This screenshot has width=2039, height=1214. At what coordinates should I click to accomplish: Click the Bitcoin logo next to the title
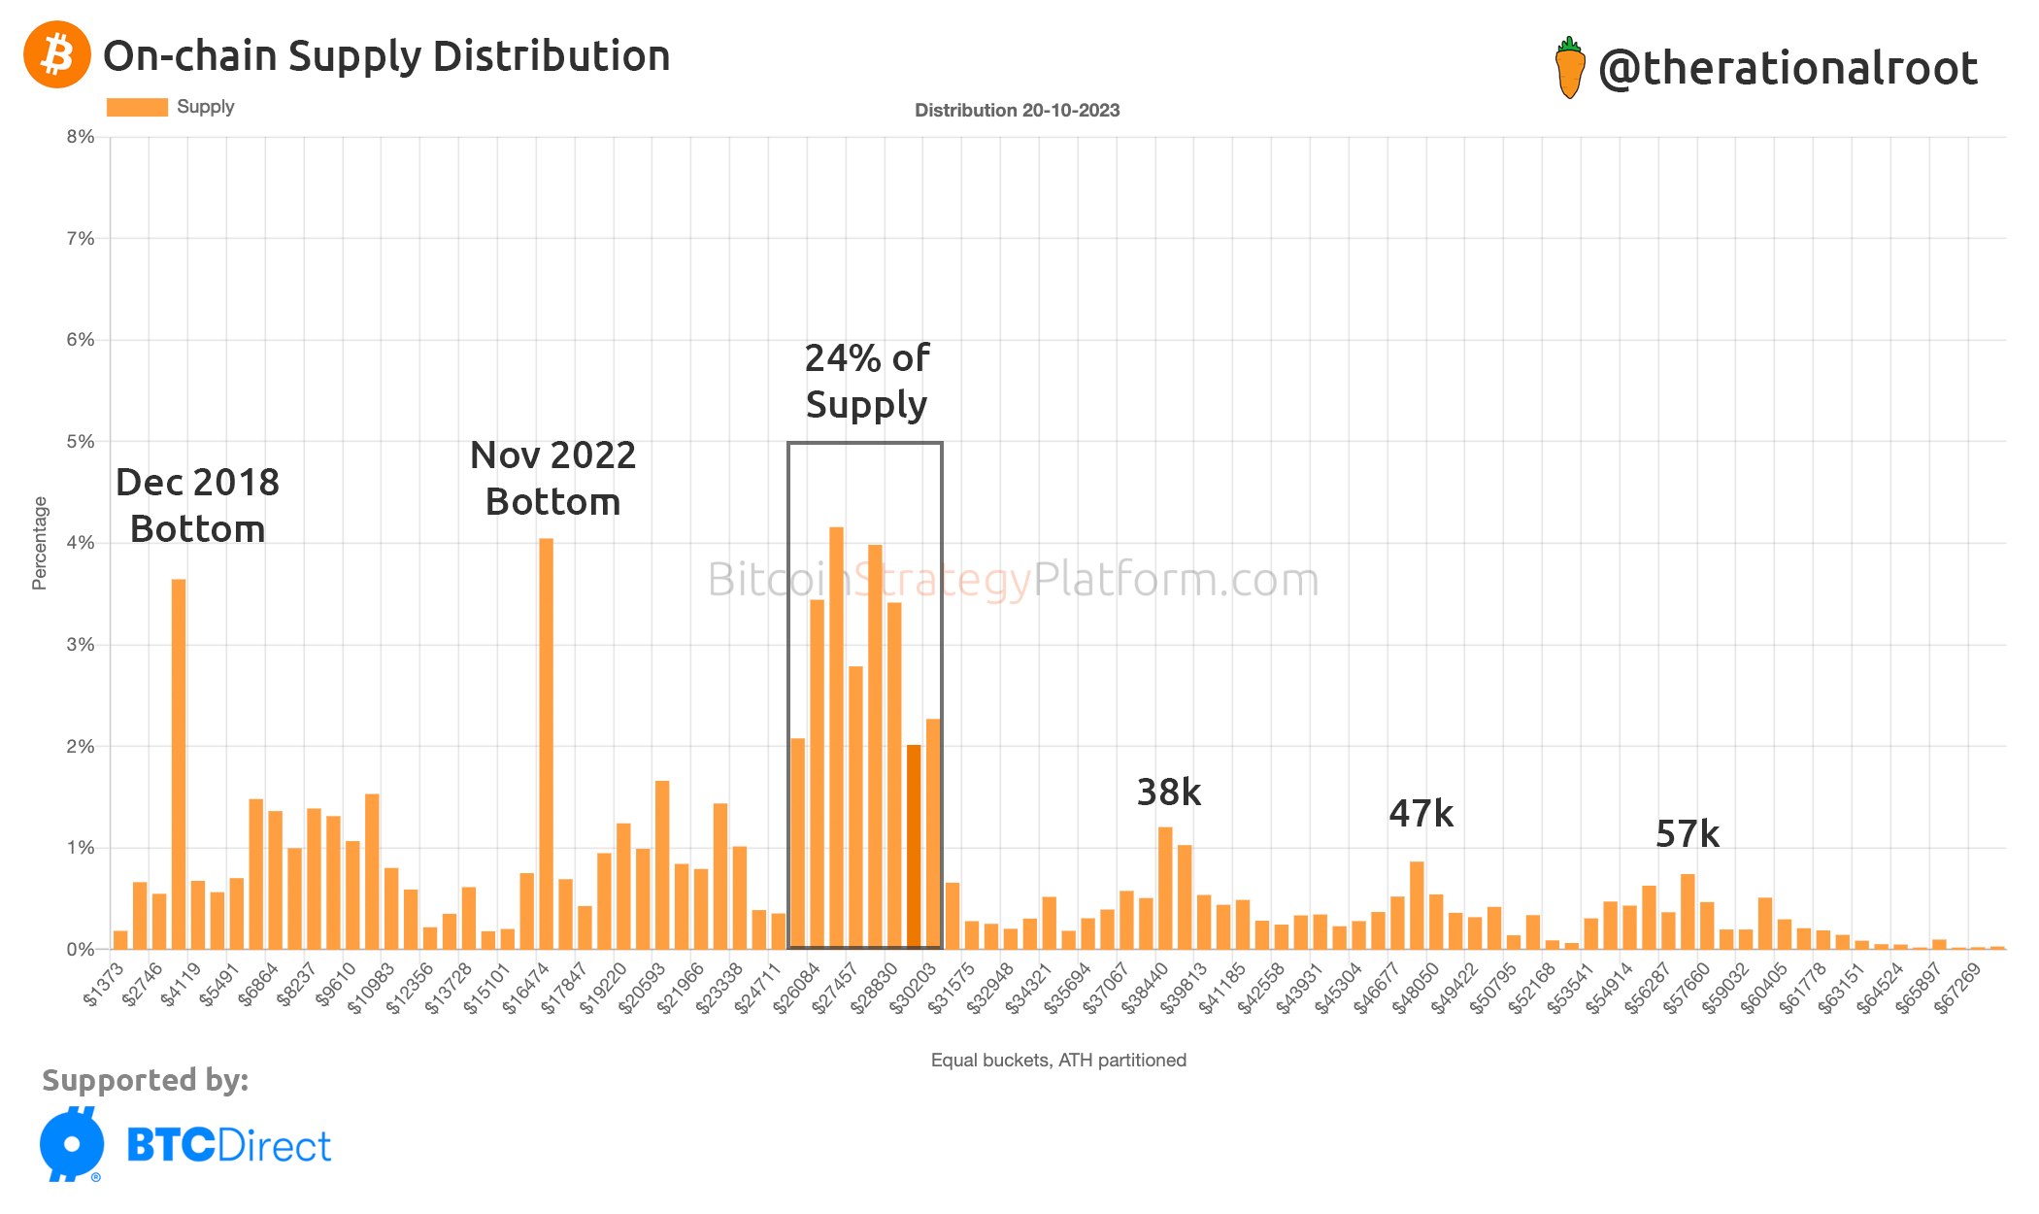[56, 55]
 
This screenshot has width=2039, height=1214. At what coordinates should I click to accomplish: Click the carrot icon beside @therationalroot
[1569, 68]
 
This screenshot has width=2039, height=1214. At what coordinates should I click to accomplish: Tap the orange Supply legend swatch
[137, 107]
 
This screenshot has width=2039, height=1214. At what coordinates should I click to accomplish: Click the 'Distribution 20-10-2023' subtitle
[1017, 111]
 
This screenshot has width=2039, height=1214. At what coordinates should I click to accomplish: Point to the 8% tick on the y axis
[81, 137]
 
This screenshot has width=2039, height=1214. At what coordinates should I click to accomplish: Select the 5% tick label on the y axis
[81, 442]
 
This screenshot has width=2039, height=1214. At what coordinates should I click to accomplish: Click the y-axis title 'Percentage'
[40, 543]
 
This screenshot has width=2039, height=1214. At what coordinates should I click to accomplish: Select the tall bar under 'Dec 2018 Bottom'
[179, 762]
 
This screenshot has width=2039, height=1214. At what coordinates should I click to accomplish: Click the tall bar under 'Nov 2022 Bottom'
[546, 743]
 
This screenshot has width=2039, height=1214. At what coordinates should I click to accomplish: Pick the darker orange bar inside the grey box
[914, 845]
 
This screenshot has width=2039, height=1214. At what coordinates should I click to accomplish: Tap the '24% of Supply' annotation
[866, 382]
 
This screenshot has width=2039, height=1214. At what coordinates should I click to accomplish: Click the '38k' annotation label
[1168, 792]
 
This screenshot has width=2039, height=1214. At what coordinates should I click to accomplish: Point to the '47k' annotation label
[1421, 814]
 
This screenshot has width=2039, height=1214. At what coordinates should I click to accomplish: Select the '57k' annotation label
[1687, 834]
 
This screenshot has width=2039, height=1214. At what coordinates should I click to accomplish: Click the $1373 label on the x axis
[105, 983]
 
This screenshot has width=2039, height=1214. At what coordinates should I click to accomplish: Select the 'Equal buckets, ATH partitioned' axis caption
[1058, 1061]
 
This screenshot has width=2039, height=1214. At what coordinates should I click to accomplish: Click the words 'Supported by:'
[146, 1080]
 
